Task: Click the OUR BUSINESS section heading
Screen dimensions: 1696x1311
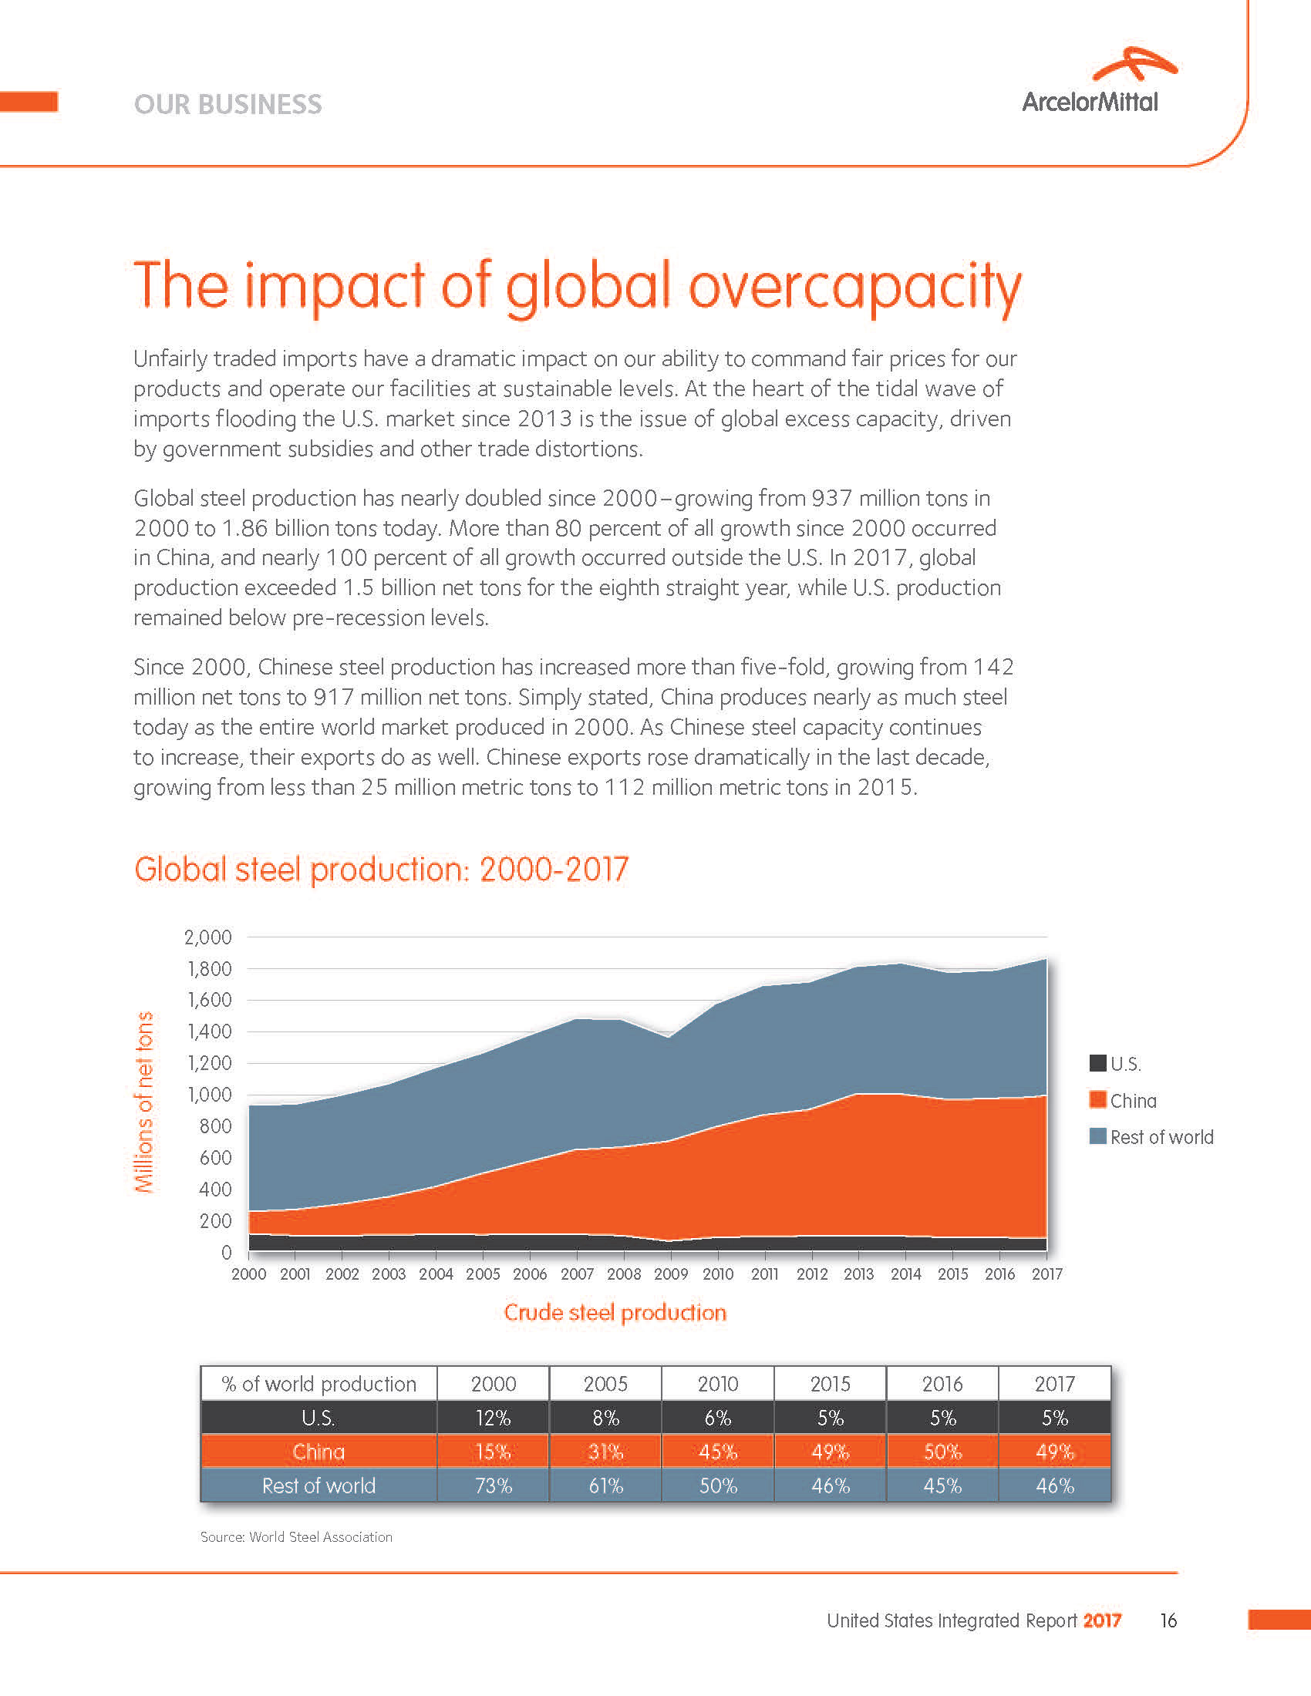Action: (227, 104)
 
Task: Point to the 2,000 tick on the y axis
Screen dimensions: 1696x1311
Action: (208, 937)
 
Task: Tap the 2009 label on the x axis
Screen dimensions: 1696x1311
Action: (670, 1274)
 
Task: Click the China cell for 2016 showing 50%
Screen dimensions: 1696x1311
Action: (942, 1452)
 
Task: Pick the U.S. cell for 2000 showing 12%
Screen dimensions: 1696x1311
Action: (494, 1418)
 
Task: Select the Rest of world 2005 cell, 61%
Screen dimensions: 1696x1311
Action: (606, 1486)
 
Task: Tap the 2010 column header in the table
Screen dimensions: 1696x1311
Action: (718, 1384)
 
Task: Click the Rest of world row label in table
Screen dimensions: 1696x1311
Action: (318, 1486)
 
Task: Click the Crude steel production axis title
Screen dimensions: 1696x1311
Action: (615, 1312)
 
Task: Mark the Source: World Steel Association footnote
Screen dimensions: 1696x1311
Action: (296, 1536)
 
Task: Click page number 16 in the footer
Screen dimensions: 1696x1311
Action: (1168, 1620)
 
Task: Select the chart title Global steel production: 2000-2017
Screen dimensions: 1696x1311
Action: (380, 869)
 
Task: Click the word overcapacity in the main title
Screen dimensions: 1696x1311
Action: (854, 286)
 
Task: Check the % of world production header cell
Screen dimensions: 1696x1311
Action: (318, 1384)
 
